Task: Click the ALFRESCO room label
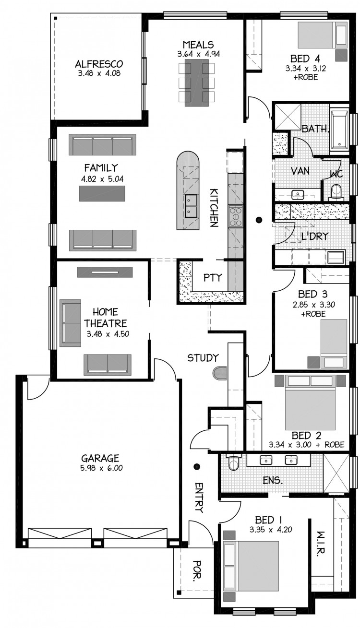pyautogui.click(x=99, y=64)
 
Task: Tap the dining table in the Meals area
pyautogui.click(x=196, y=83)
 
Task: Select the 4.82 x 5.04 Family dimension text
pyautogui.click(x=102, y=179)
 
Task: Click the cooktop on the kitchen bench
pyautogui.click(x=235, y=216)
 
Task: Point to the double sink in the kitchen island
pyautogui.click(x=192, y=207)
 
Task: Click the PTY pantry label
pyautogui.click(x=213, y=278)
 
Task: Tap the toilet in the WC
pyautogui.click(x=336, y=192)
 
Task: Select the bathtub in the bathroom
pyautogui.click(x=339, y=130)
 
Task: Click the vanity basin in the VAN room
pyautogui.click(x=298, y=194)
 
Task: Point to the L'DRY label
pyautogui.click(x=314, y=237)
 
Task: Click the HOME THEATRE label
pyautogui.click(x=106, y=318)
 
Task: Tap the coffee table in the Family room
pyautogui.click(x=102, y=194)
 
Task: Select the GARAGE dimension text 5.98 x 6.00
pyautogui.click(x=102, y=468)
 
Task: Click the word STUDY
pyautogui.click(x=203, y=358)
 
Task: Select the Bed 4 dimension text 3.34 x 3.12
pyautogui.click(x=306, y=69)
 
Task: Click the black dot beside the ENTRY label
pyautogui.click(x=197, y=466)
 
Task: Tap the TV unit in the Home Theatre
pyautogui.click(x=105, y=272)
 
